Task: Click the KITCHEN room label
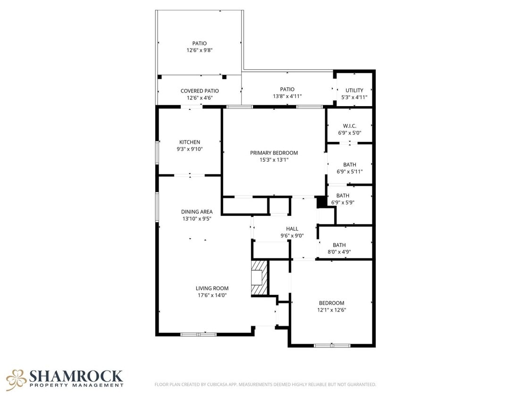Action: coord(190,142)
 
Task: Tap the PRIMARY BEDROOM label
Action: coord(274,153)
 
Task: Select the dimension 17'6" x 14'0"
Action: coord(212,296)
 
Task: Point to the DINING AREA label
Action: coord(197,212)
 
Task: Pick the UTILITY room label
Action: coord(354,91)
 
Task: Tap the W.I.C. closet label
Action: coord(349,126)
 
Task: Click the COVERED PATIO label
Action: coord(200,91)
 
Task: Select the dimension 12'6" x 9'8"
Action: coord(199,50)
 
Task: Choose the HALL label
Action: coord(292,229)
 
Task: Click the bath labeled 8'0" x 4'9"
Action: coord(339,245)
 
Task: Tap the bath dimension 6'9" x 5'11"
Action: coord(349,172)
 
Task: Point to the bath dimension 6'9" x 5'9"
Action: coord(343,202)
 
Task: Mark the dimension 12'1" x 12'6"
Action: coord(331,310)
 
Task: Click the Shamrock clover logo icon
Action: coord(16,379)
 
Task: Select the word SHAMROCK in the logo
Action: coord(76,376)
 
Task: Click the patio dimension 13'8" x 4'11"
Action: coord(287,96)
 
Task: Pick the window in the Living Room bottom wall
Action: coord(198,334)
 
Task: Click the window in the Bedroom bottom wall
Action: coord(332,346)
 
